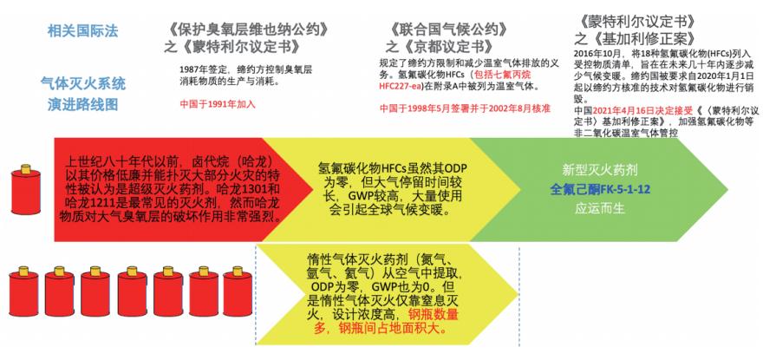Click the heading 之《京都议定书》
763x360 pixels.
click(440, 47)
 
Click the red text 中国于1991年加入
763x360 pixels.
click(218, 104)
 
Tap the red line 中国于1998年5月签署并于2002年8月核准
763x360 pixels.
click(465, 108)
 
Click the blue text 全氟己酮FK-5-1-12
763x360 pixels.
click(600, 189)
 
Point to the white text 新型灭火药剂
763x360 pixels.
click(600, 171)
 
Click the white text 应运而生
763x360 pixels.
click(600, 209)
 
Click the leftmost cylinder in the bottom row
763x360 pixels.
click(23, 291)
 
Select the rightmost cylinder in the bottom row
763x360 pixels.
click(238, 291)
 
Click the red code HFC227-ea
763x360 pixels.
click(401, 87)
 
